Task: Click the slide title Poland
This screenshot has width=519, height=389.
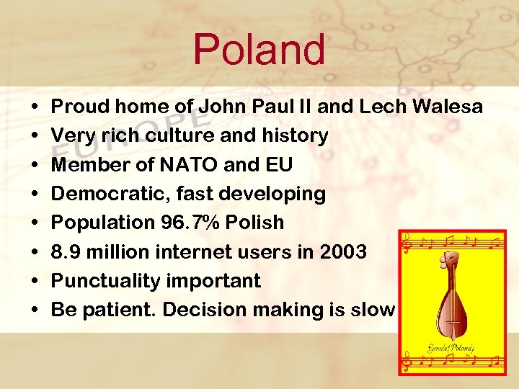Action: [x=259, y=50]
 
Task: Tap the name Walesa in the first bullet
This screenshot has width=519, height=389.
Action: [x=448, y=107]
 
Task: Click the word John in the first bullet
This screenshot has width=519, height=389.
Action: [x=221, y=107]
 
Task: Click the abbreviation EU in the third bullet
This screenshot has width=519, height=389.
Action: [x=278, y=165]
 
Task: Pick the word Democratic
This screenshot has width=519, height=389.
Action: [x=105, y=194]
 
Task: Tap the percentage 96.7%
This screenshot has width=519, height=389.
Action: [x=187, y=223]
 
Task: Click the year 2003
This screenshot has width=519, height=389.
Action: [x=341, y=252]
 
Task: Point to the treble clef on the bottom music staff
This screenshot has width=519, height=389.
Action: [x=407, y=359]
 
